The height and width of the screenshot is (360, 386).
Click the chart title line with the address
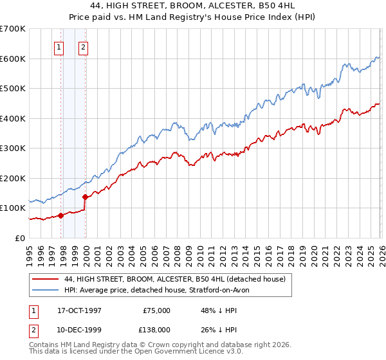(x=193, y=6)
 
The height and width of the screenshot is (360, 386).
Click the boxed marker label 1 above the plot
(x=59, y=46)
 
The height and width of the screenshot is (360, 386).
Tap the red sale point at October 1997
(x=61, y=215)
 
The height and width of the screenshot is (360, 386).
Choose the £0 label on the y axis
(x=20, y=238)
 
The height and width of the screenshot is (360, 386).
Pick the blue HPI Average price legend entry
(x=161, y=290)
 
